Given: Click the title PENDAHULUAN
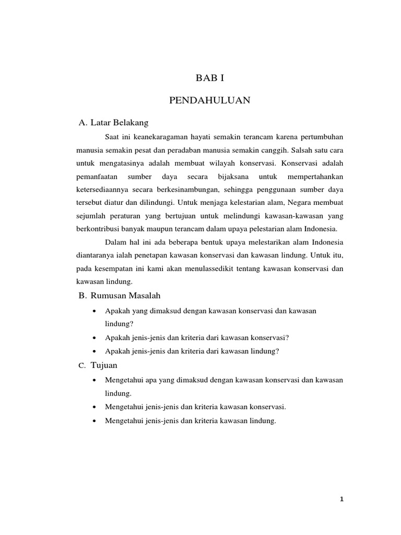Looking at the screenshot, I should (210, 100).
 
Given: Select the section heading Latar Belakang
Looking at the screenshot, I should (120, 123).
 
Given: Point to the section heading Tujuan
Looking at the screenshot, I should (104, 365).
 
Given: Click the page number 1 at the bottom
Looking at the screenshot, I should (341, 499).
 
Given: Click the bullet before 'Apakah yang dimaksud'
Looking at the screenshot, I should (93, 311).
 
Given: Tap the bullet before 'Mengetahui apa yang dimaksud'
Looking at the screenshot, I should (93, 380).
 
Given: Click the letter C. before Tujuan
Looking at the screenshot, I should (81, 365).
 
